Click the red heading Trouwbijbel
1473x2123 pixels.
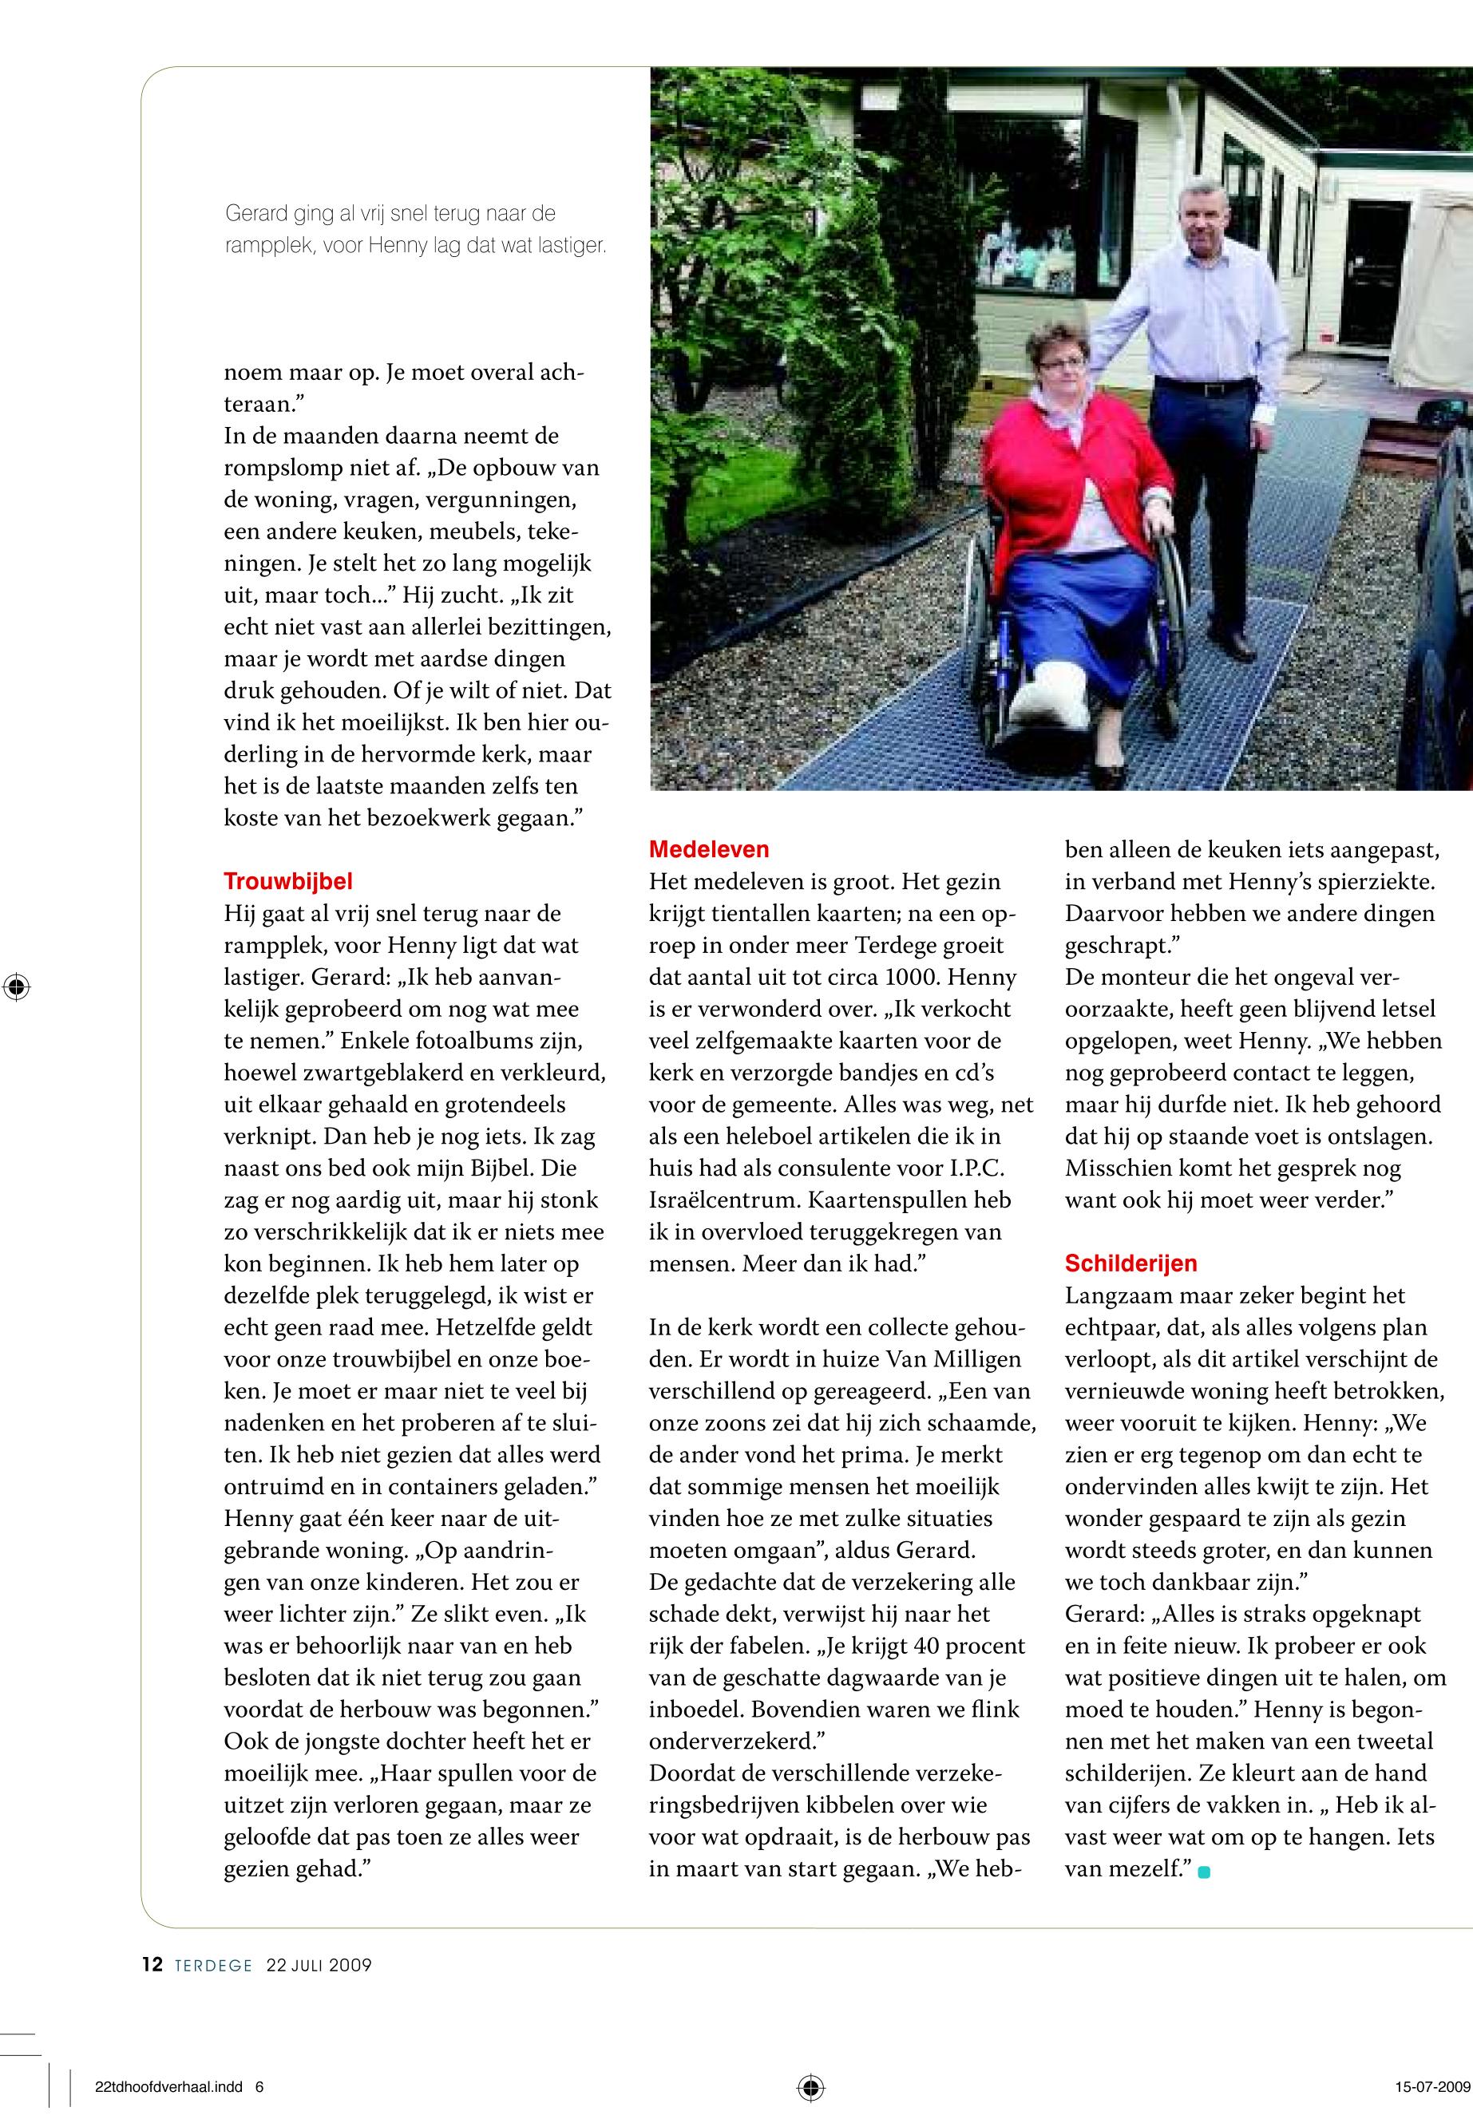[x=288, y=881]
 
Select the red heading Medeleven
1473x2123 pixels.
[x=709, y=849]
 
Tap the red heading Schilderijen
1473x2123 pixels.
[x=1130, y=1263]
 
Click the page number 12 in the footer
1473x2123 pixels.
[x=152, y=1964]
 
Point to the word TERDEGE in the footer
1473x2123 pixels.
[x=213, y=1965]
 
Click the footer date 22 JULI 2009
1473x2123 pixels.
[x=319, y=1965]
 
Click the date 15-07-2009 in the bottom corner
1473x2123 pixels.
[x=1431, y=2086]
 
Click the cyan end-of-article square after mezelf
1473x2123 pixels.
[x=1203, y=1871]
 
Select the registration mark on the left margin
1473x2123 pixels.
[x=16, y=987]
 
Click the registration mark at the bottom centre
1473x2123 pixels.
[x=810, y=2086]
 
